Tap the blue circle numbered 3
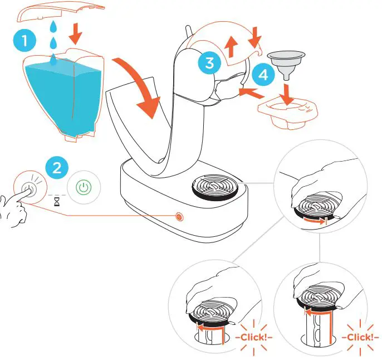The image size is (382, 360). click(209, 63)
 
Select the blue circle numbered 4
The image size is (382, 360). click(262, 75)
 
